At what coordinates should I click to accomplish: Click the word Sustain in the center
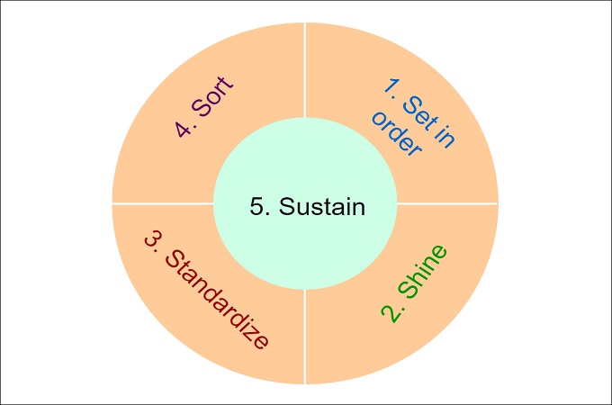(321, 207)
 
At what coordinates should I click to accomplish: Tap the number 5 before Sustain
(256, 207)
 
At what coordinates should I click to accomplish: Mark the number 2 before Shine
(391, 312)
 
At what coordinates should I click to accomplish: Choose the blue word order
(395, 134)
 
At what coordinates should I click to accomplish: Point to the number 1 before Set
(391, 86)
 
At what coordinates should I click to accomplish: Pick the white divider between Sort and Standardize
(162, 202)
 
